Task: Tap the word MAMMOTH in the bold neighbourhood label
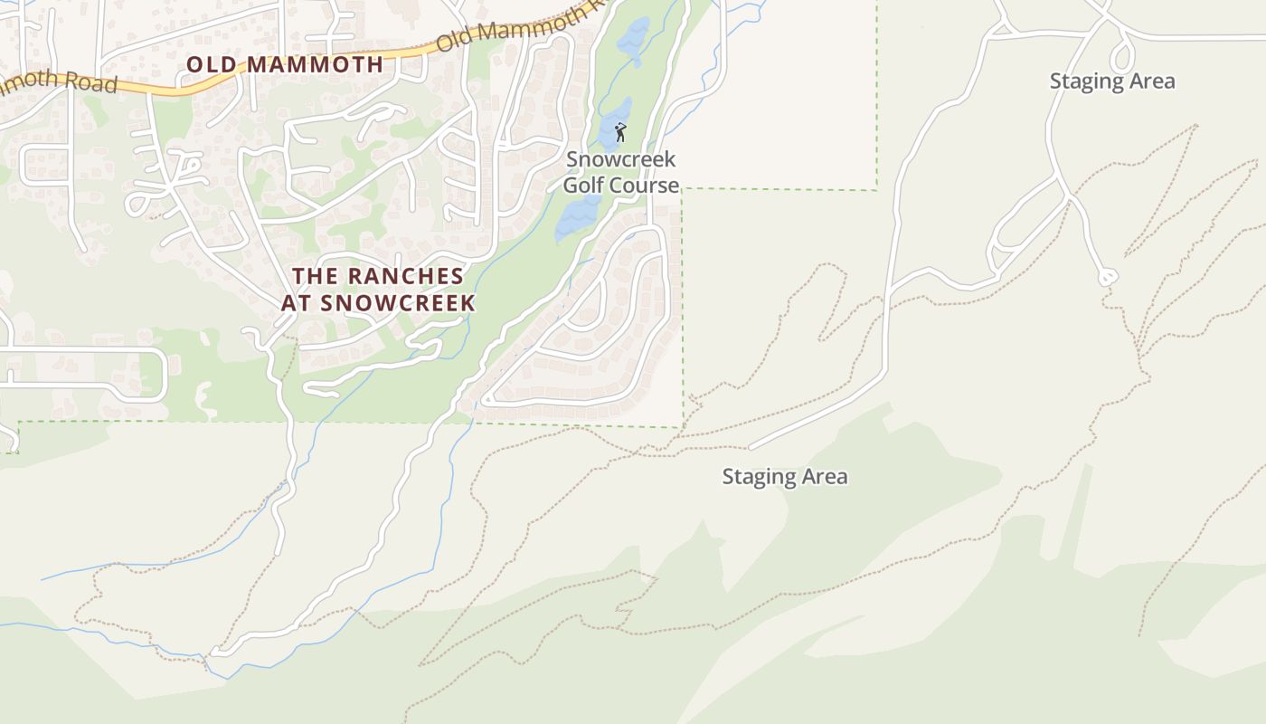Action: coord(315,64)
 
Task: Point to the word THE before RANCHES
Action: coord(314,276)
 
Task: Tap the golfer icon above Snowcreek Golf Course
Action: coord(620,133)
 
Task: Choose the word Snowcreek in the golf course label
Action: coord(620,159)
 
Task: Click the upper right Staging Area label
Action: coord(1112,81)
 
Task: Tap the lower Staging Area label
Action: coord(785,476)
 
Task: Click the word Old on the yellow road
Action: coord(454,40)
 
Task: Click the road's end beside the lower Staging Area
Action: coord(751,447)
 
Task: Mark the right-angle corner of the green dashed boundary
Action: coord(876,190)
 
